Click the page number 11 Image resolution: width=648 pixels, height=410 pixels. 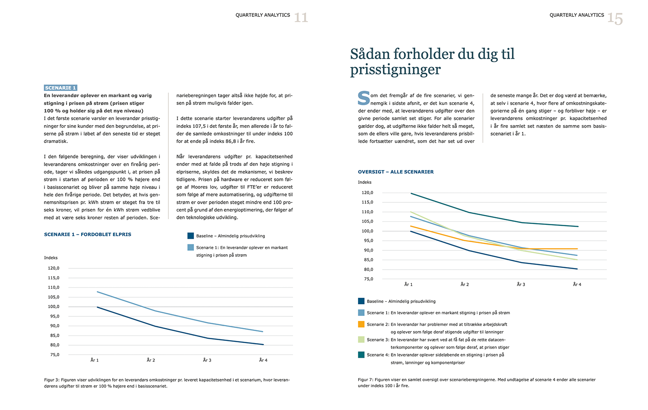tap(301, 18)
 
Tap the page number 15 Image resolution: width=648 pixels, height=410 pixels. tap(615, 19)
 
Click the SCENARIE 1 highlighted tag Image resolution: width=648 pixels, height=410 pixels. tap(60, 88)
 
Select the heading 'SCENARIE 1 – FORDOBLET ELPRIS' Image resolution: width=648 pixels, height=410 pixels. tap(88, 234)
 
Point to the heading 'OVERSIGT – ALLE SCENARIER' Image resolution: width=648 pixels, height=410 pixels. tap(396, 172)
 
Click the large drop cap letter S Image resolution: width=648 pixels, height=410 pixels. tap(364, 98)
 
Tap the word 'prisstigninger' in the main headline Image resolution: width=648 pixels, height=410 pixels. tap(395, 69)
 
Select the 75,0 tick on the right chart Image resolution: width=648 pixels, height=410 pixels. tap(368, 279)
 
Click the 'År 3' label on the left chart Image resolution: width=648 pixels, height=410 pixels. tap(207, 360)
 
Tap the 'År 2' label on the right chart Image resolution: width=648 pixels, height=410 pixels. tap(465, 284)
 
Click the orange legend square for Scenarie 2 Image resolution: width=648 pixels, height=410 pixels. tap(361, 324)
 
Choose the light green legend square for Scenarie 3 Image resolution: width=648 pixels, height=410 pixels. tap(361, 340)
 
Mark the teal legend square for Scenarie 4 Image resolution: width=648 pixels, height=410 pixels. tap(361, 355)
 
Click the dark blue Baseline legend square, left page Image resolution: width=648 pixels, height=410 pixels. tap(191, 236)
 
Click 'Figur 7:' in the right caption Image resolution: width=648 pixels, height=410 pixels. tap(366, 380)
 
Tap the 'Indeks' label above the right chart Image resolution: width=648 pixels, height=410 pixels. tap(365, 182)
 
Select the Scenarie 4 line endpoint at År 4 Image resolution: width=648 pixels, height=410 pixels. tap(578, 227)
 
